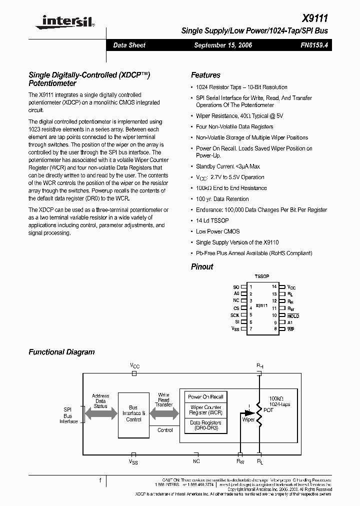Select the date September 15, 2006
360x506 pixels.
(x=223, y=45)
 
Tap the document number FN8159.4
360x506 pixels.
(x=313, y=45)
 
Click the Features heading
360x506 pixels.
(x=205, y=75)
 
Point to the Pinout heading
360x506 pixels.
(x=202, y=266)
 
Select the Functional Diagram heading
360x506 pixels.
(x=61, y=352)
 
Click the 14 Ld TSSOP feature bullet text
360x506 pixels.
(x=212, y=220)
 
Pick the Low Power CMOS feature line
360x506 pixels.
(x=217, y=231)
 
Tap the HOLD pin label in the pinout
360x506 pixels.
(x=293, y=316)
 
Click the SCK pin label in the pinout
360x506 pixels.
(x=235, y=315)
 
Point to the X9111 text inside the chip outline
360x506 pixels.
(x=261, y=305)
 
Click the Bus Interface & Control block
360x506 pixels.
(x=134, y=413)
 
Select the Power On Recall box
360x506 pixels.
(x=205, y=397)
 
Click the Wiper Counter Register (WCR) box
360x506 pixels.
(x=205, y=410)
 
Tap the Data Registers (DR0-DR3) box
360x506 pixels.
(x=205, y=425)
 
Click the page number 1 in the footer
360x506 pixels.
(x=100, y=480)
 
